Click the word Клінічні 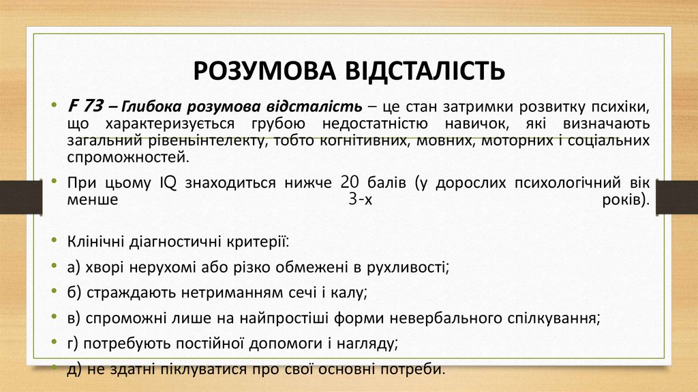point(95,242)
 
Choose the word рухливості point(411,267)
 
